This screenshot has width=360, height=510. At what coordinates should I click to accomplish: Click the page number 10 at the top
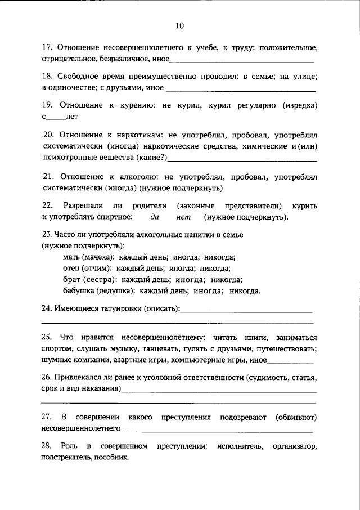point(179,25)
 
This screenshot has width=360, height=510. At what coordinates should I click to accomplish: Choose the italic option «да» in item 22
point(155,217)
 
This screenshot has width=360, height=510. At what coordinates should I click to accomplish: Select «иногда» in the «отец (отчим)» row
point(181,268)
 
